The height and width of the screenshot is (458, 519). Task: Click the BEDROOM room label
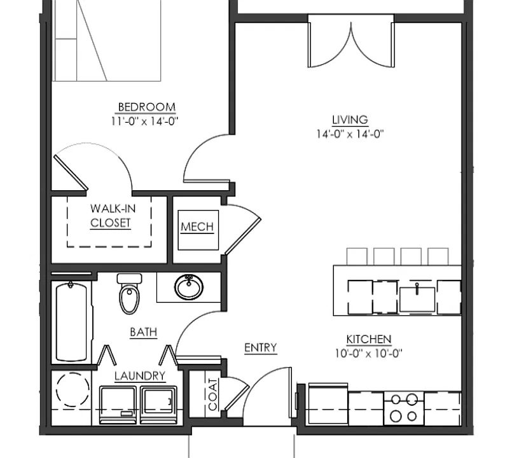pyautogui.click(x=147, y=108)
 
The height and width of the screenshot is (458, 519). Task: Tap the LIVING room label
pyautogui.click(x=350, y=120)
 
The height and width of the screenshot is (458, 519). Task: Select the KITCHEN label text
pyautogui.click(x=369, y=339)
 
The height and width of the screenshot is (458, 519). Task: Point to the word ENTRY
pyautogui.click(x=261, y=348)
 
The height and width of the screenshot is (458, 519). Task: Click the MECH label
pyautogui.click(x=197, y=226)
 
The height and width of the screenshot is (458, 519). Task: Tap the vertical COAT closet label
pyautogui.click(x=213, y=394)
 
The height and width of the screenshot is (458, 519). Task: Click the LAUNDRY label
pyautogui.click(x=140, y=376)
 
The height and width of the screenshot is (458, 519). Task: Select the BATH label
pyautogui.click(x=143, y=332)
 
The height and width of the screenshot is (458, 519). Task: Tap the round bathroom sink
pyautogui.click(x=189, y=288)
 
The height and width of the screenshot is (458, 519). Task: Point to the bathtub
pyautogui.click(x=71, y=321)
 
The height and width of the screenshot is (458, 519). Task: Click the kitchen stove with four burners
pyautogui.click(x=404, y=408)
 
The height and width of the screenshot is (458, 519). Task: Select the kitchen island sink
pyautogui.click(x=417, y=299)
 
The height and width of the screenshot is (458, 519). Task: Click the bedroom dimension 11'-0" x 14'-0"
pyautogui.click(x=144, y=121)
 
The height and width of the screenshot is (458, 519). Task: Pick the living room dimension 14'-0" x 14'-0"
pyautogui.click(x=350, y=134)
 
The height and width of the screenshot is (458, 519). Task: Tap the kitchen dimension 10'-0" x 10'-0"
pyautogui.click(x=369, y=354)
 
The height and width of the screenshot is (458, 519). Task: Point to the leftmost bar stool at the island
pyautogui.click(x=357, y=256)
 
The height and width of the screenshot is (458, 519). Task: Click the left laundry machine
pyautogui.click(x=119, y=405)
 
